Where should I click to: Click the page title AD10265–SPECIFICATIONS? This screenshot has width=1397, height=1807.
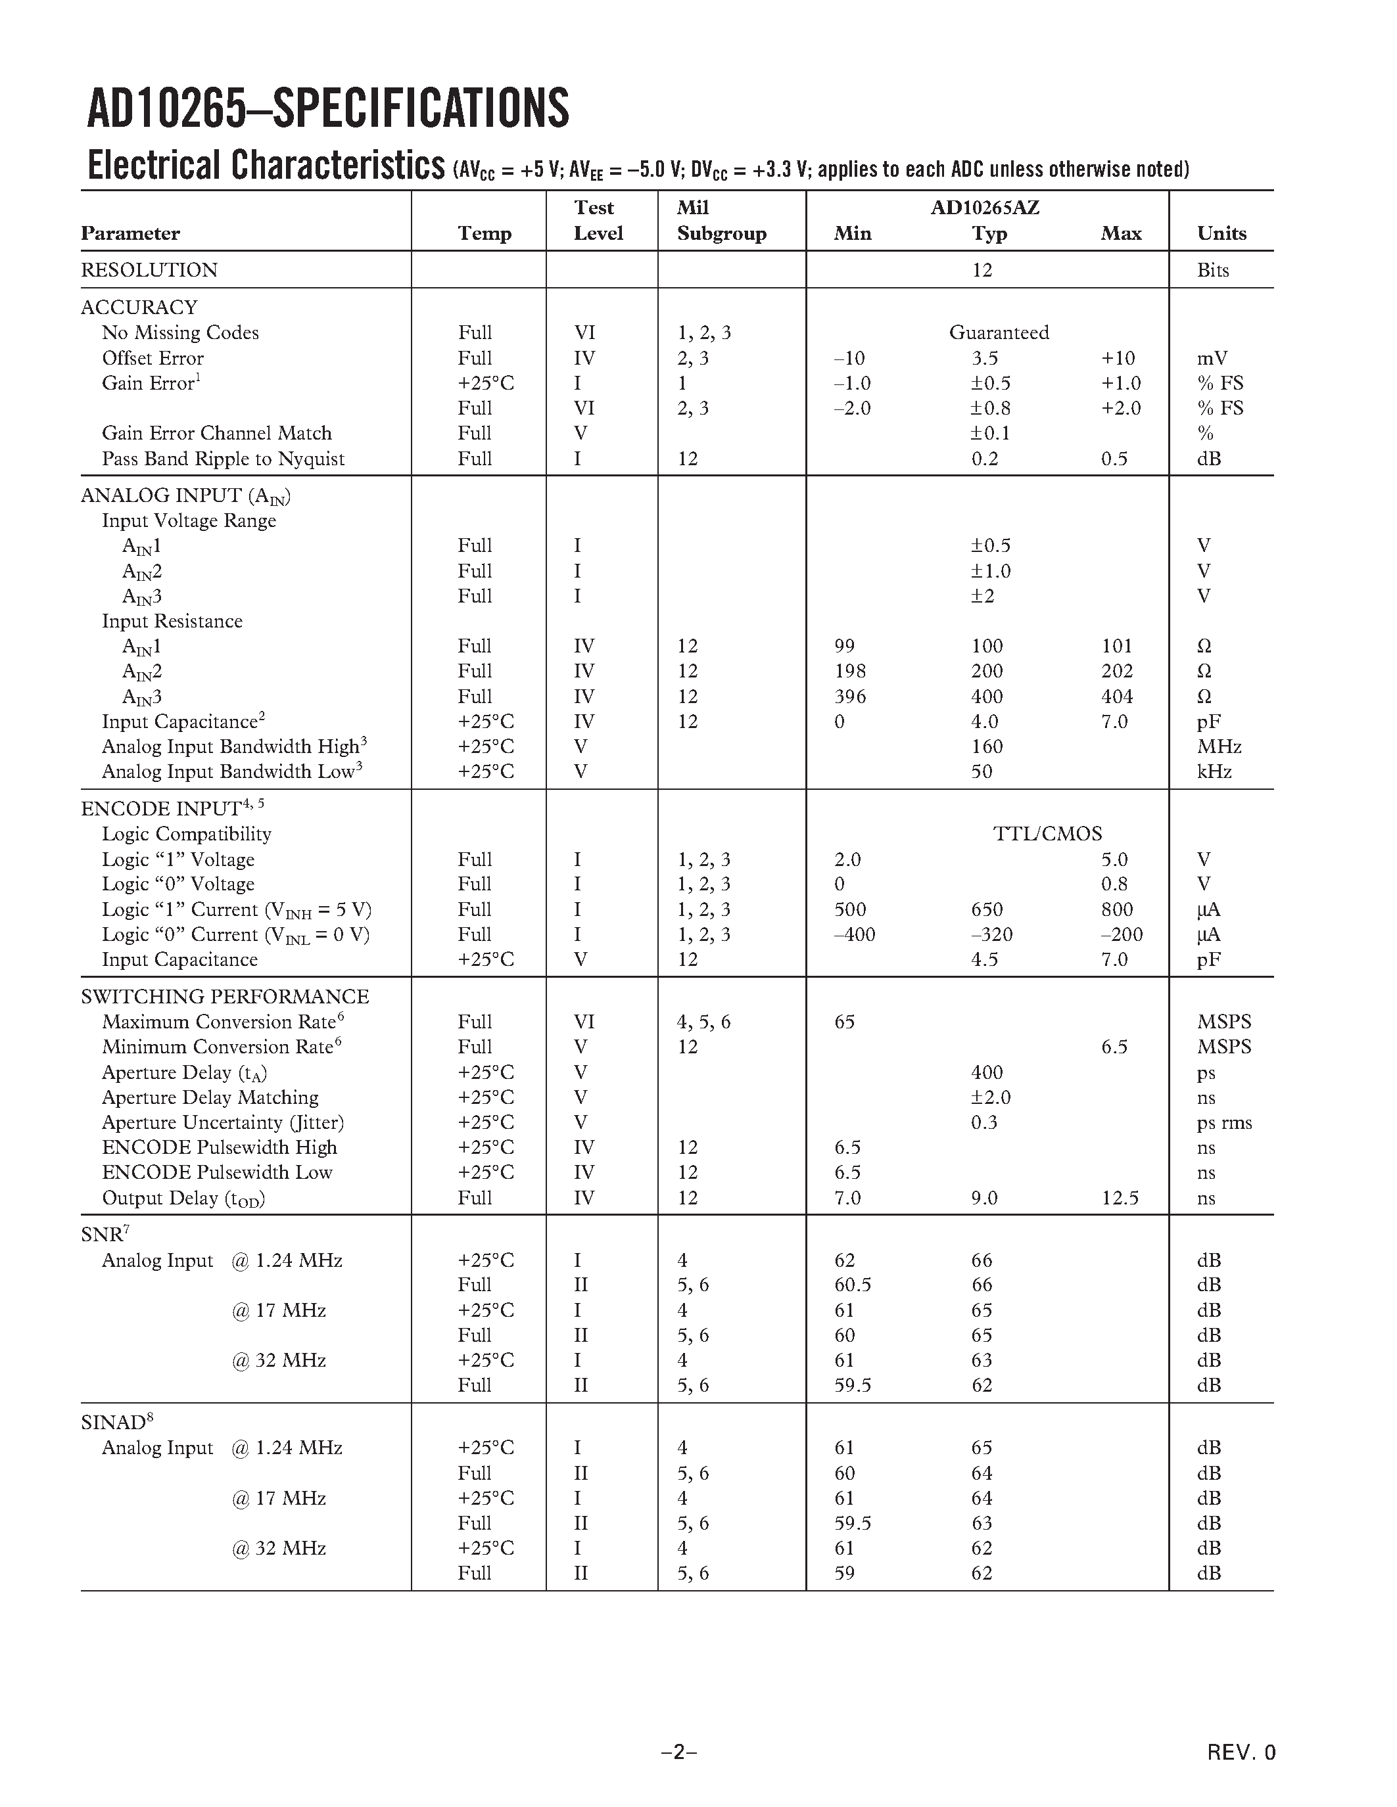pos(328,108)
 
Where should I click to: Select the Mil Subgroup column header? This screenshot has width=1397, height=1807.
pos(721,221)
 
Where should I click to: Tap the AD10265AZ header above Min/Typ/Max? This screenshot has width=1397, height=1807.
pos(985,207)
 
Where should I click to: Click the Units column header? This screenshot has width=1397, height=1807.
pos(1221,233)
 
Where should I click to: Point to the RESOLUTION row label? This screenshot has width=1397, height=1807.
pos(149,269)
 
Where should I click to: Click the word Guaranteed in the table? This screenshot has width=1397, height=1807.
pos(998,332)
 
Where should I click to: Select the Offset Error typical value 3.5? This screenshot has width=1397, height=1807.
pos(984,358)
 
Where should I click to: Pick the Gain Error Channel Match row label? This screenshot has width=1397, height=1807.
pos(216,434)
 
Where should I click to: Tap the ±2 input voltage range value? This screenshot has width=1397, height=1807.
pos(982,596)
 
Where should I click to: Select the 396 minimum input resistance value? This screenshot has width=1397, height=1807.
pos(850,697)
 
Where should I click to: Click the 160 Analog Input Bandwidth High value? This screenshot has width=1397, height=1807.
pos(987,746)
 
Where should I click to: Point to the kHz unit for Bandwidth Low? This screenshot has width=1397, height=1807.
pos(1214,772)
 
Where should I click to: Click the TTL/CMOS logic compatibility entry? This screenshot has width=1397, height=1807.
pos(1047,834)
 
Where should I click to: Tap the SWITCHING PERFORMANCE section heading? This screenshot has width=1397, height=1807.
pos(224,996)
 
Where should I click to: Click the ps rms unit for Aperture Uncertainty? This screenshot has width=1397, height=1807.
pos(1223,1123)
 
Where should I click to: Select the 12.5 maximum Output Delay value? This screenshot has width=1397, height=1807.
pos(1120,1198)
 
